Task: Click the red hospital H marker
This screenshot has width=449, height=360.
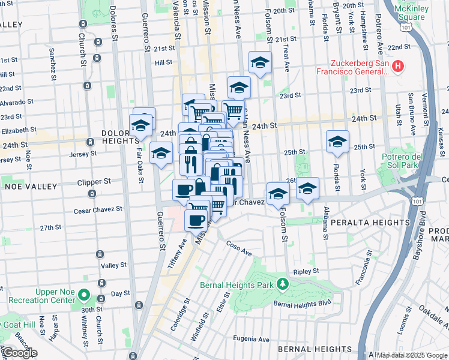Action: click(x=397, y=65)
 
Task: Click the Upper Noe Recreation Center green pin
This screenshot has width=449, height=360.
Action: click(x=85, y=296)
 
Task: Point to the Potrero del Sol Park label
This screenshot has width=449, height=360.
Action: click(x=407, y=161)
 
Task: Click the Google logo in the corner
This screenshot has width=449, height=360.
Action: click(x=19, y=353)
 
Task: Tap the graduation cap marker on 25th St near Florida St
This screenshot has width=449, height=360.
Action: click(x=337, y=142)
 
